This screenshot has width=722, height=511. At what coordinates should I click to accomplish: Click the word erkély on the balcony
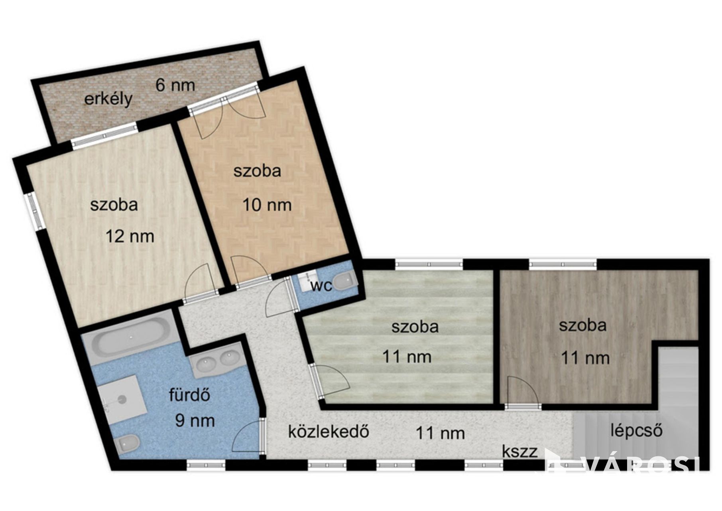pos(108,99)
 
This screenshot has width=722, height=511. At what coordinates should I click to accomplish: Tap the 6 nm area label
pos(175,85)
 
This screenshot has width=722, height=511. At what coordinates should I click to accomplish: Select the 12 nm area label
pos(130,236)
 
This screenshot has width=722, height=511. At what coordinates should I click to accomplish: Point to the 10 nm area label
pos(267,205)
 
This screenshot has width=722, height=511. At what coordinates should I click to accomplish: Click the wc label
pos(321,286)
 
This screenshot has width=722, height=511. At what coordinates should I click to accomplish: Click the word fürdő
pos(189,395)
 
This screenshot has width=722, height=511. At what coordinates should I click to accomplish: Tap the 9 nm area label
pos(195,421)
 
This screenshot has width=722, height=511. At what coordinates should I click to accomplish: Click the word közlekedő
pos(329,432)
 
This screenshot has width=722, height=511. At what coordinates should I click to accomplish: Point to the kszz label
pos(519,452)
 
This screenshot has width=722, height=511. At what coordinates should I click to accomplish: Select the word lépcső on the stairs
pos(636,431)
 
